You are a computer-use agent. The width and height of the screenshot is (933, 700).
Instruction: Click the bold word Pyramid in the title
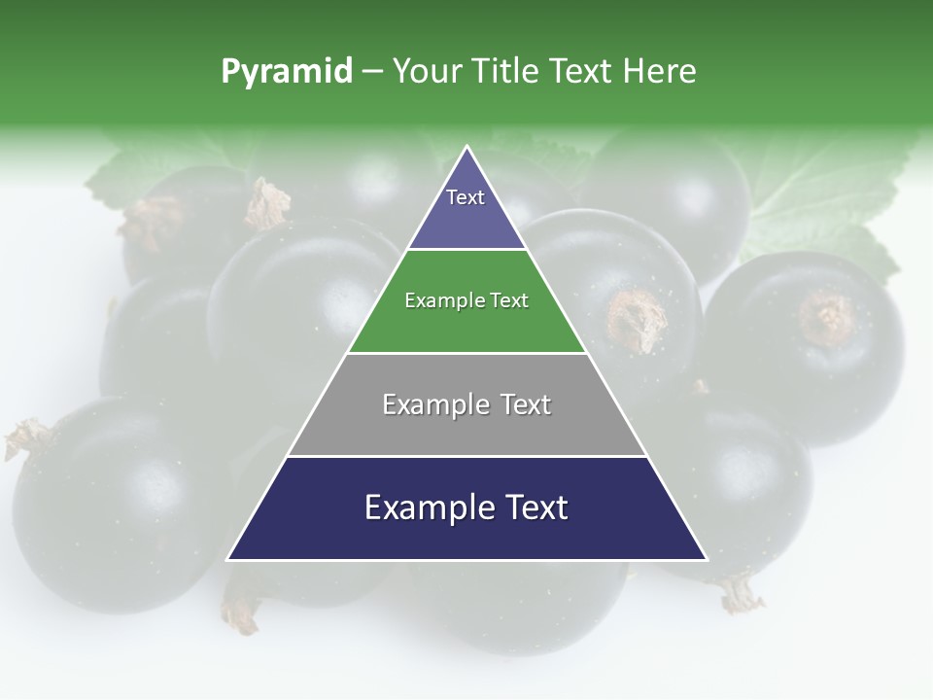(287, 72)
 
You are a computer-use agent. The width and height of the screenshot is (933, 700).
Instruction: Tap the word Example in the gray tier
(434, 404)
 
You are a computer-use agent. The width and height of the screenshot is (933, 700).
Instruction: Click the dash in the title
(371, 72)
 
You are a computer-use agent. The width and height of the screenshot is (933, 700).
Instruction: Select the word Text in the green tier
(510, 301)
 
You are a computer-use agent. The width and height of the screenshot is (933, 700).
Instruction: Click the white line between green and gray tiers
(466, 353)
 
